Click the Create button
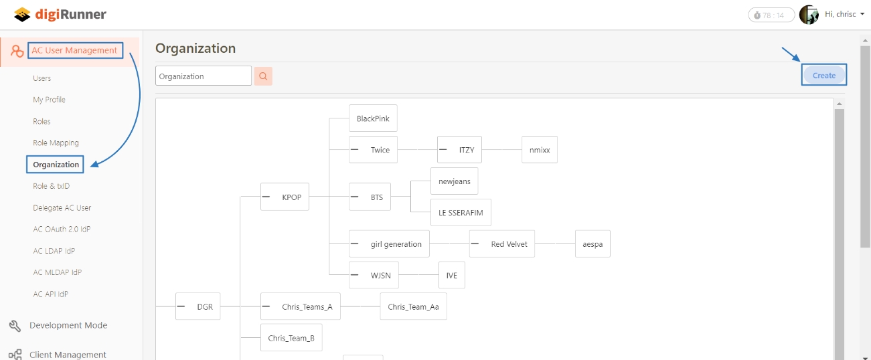[824, 76]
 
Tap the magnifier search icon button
[263, 76]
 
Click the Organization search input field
[204, 76]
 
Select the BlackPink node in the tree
[373, 118]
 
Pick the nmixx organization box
[540, 150]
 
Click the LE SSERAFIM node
[461, 213]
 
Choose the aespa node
[592, 244]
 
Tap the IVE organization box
[452, 275]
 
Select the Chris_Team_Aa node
[413, 306]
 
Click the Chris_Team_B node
[291, 338]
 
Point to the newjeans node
[455, 181]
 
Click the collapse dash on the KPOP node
[266, 197]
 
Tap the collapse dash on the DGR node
[181, 306]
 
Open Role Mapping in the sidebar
[56, 143]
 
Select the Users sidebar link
[42, 78]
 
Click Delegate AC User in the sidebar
[62, 208]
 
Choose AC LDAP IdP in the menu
[54, 251]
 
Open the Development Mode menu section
[68, 326]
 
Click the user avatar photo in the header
[809, 15]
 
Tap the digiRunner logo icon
[23, 15]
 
